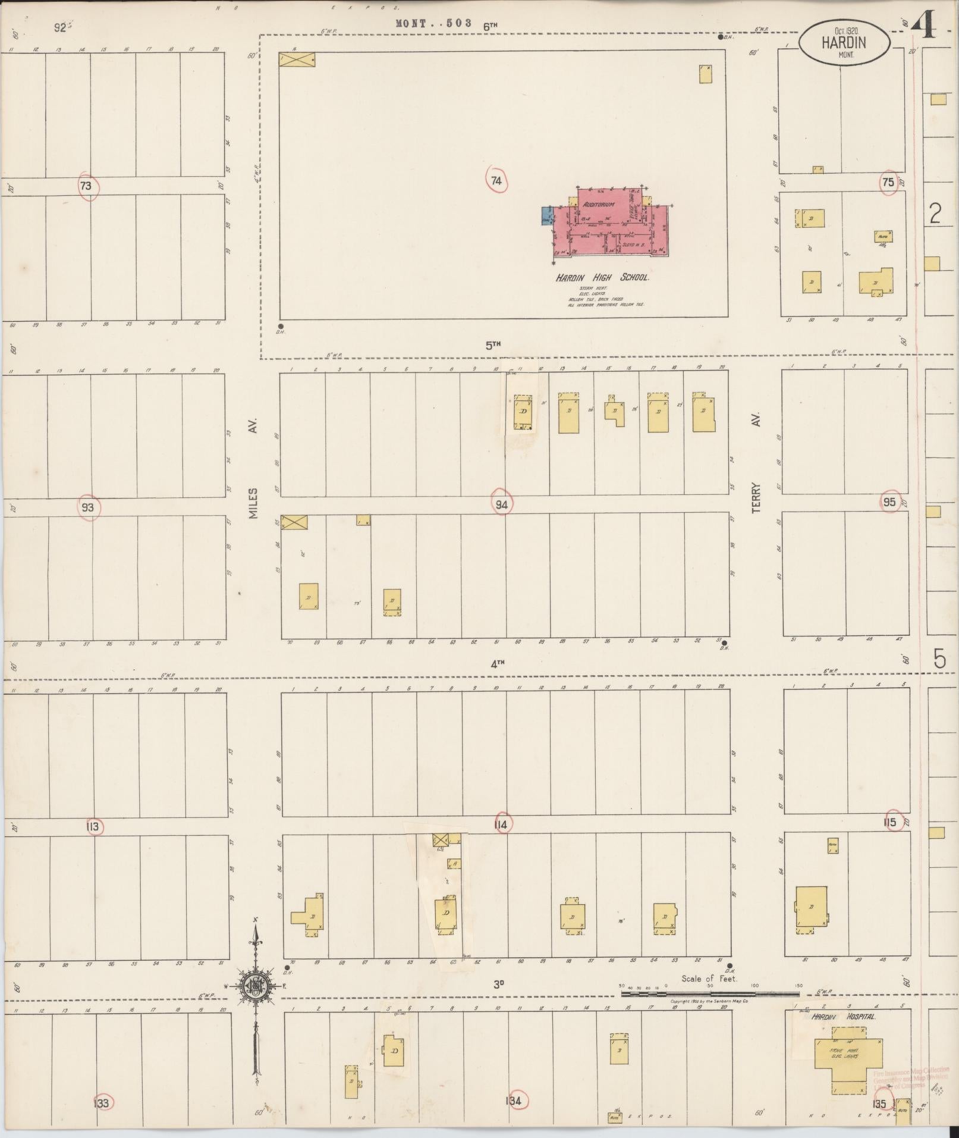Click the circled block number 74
click(496, 180)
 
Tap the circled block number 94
click(502, 505)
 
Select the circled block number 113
click(92, 827)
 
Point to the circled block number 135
click(880, 1104)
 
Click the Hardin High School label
click(602, 278)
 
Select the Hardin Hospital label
click(844, 1017)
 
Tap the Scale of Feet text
click(709, 979)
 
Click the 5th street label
click(493, 344)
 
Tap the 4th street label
click(497, 664)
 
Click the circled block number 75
click(888, 183)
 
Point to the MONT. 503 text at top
click(433, 23)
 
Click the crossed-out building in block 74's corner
click(297, 59)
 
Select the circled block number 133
click(102, 1103)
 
